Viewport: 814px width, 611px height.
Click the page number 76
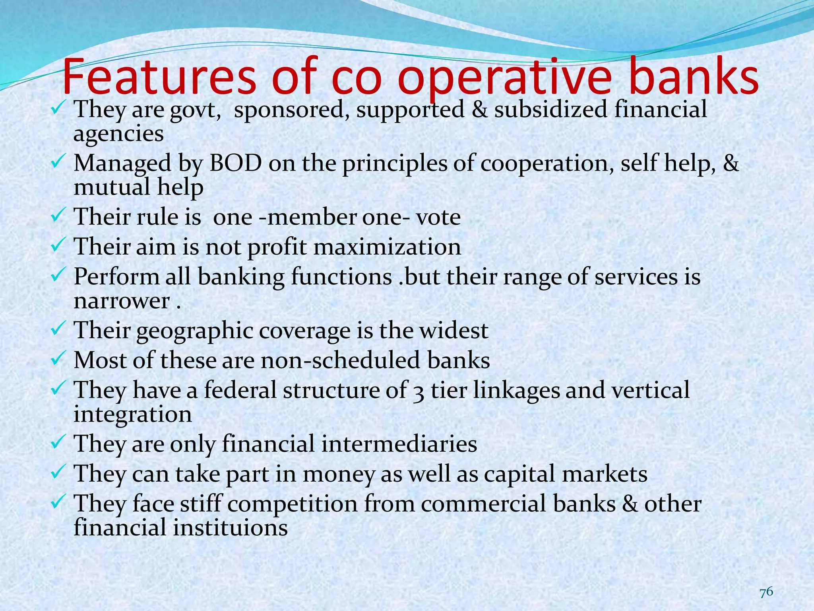coord(766,592)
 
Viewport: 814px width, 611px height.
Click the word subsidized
coord(550,109)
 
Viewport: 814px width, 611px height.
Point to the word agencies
coord(118,134)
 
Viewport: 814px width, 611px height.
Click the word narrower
coord(122,301)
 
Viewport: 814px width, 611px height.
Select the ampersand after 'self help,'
coord(731,163)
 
